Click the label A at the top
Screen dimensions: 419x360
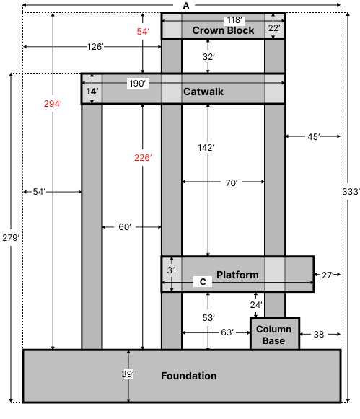[x=186, y=6]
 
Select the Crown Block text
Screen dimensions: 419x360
[x=223, y=31]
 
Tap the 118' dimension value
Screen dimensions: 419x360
[x=234, y=20]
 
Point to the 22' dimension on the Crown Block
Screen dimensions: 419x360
[x=274, y=28]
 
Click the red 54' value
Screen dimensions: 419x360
[x=143, y=32]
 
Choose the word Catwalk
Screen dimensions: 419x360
[x=203, y=92]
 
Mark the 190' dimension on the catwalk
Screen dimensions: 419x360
[x=137, y=84]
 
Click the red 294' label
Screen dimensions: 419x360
[x=53, y=104]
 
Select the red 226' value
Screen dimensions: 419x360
[x=143, y=158]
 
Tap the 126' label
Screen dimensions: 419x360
[x=95, y=47]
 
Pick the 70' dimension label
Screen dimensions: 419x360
[x=231, y=183]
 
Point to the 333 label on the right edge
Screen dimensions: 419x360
[x=350, y=192]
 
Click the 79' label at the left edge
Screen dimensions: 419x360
[x=13, y=238]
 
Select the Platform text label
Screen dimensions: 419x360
[x=237, y=275]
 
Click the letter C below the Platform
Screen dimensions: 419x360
[x=203, y=282]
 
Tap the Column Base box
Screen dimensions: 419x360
[x=274, y=335]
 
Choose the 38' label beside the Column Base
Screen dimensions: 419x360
[x=320, y=335]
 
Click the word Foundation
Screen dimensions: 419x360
[x=188, y=376]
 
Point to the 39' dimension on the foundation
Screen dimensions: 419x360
[x=127, y=374]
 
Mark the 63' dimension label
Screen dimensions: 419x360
[x=227, y=332]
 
